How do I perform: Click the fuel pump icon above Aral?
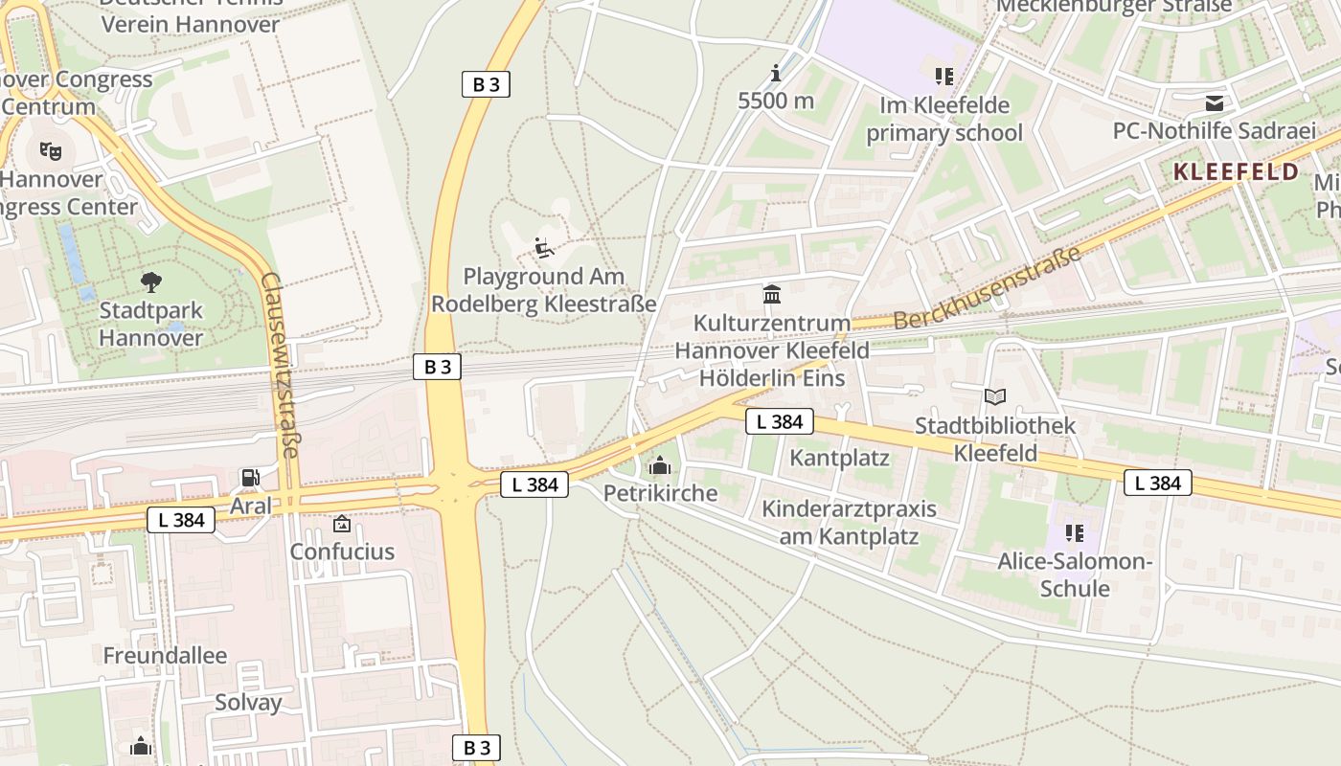[x=250, y=477]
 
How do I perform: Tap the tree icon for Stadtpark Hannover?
[x=150, y=282]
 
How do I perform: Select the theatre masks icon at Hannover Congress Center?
[x=50, y=149]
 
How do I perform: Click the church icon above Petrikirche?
[x=660, y=466]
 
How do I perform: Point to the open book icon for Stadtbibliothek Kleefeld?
[x=995, y=396]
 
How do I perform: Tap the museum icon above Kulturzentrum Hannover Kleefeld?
[x=772, y=294]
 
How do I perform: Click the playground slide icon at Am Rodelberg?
[x=544, y=248]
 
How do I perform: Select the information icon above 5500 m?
[x=776, y=73]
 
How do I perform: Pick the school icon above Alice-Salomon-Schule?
[x=1074, y=532]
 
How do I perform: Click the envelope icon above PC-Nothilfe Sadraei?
[x=1215, y=102]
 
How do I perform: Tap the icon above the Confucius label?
[x=342, y=524]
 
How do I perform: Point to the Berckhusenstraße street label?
[x=988, y=287]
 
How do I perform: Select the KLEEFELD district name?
[x=1236, y=172]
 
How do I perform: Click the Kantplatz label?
[x=839, y=458]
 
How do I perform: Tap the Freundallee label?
[x=165, y=656]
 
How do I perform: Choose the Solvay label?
[x=248, y=702]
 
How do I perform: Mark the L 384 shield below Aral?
[x=181, y=520]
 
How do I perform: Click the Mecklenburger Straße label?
[x=1114, y=6]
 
